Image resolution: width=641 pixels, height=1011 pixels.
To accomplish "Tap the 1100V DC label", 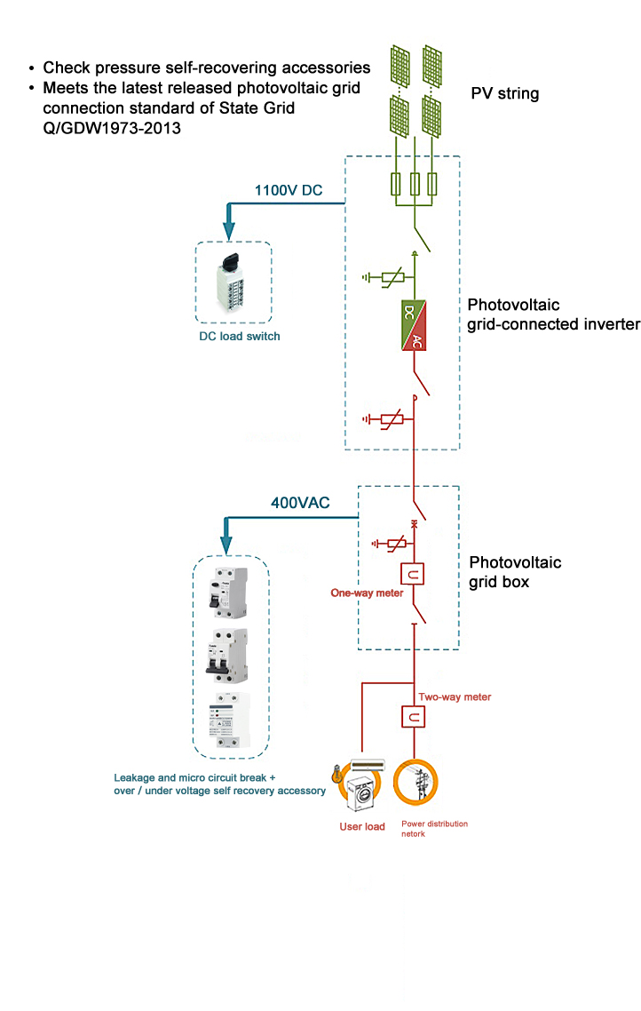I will (289, 190).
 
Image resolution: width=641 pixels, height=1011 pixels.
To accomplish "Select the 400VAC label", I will (300, 503).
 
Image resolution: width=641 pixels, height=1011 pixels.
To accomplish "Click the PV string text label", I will (504, 93).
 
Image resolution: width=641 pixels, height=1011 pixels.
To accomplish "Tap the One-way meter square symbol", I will (414, 574).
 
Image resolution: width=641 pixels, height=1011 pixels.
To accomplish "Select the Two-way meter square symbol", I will (414, 716).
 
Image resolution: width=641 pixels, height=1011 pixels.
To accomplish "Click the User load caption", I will (362, 827).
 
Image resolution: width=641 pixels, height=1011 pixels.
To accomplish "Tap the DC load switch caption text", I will (239, 336).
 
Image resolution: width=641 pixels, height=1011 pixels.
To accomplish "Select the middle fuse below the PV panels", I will (415, 184).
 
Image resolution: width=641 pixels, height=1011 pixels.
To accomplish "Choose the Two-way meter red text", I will (454, 697).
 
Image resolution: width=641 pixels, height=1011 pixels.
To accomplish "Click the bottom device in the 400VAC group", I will (230, 722).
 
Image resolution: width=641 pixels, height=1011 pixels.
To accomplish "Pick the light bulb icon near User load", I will (335, 776).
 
